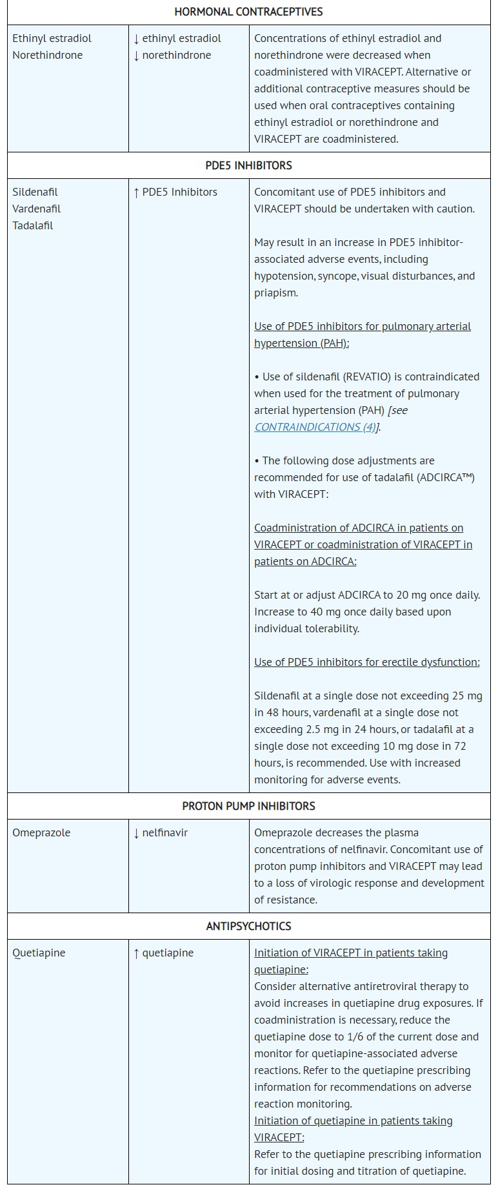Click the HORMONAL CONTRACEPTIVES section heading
[248, 12]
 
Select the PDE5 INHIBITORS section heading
[248, 165]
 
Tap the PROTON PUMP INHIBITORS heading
[248, 806]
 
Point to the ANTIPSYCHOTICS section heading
[248, 926]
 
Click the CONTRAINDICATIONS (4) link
[315, 427]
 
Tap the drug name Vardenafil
[37, 209]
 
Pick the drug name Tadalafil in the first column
[33, 225]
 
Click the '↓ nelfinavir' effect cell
[161, 832]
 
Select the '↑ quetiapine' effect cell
[163, 953]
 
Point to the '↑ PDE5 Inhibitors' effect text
[175, 192]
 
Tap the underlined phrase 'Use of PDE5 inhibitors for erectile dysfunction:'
[367, 662]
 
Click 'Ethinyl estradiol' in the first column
[52, 38]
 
